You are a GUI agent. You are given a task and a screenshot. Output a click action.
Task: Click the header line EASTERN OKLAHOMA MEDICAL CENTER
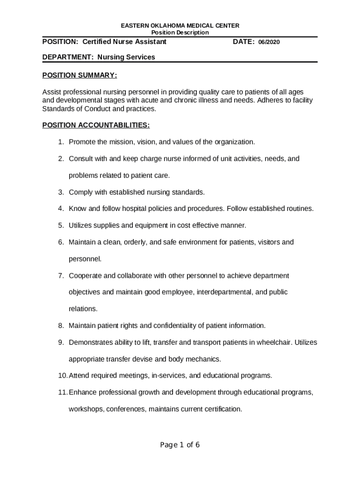(180, 25)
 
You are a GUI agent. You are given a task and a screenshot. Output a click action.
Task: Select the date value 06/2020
(269, 42)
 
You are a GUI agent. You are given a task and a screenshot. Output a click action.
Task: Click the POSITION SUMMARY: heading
(79, 75)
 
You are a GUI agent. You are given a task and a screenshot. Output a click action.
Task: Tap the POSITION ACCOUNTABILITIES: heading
(96, 125)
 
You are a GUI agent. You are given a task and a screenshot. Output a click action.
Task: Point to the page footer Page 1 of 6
(180, 445)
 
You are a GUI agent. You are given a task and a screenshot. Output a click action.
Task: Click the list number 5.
(61, 225)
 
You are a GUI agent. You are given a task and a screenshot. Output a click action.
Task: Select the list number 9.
(61, 342)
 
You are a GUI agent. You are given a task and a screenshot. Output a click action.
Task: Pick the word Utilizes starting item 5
(81, 225)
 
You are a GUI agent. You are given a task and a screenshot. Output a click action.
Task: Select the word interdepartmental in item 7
(224, 292)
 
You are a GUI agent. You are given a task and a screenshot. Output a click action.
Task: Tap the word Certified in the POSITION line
(98, 42)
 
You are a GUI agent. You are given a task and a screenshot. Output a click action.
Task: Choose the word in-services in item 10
(171, 376)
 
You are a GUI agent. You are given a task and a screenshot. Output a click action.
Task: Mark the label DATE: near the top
(244, 42)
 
